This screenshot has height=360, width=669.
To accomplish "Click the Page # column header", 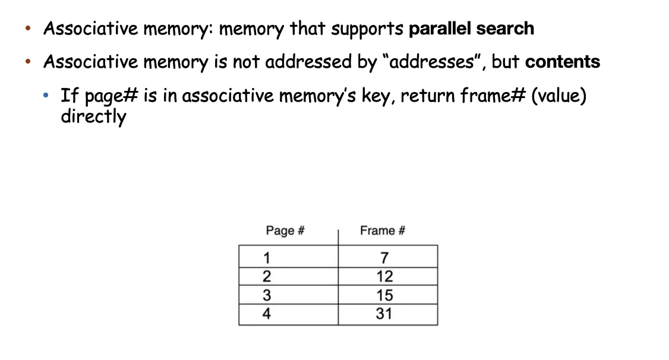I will (285, 230).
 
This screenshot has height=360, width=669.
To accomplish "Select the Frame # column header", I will (383, 230).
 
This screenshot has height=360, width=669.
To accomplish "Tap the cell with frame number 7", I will (384, 258).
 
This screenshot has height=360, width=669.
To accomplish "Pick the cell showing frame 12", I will (384, 276).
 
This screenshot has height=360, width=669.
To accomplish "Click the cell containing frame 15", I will (384, 295).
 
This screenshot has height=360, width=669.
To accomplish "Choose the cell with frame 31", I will (384, 314).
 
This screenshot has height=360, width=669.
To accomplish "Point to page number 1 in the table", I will (267, 258).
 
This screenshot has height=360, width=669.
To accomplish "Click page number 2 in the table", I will (267, 276).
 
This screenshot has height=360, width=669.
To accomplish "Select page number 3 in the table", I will (267, 295).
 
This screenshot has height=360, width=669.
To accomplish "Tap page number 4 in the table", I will (267, 314).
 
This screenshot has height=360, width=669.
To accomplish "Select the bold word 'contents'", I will (563, 62).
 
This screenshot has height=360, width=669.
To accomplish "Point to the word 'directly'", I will (93, 116).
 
